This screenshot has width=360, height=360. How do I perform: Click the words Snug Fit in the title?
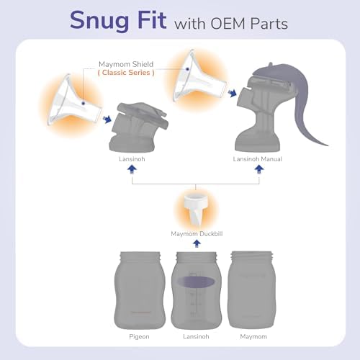(x=118, y=21)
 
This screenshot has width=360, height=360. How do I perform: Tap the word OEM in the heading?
(x=228, y=24)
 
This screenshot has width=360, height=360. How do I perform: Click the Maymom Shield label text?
(x=126, y=64)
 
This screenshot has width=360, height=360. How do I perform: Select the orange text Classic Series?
(x=126, y=73)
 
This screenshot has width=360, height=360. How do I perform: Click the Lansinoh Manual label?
(x=258, y=159)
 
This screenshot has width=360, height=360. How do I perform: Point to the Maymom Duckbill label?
(x=197, y=234)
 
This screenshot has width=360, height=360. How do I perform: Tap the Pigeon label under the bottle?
(x=139, y=337)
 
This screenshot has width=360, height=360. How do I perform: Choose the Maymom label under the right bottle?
(x=253, y=337)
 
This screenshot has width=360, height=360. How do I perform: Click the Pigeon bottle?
(x=140, y=290)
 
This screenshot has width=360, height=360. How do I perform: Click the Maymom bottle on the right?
(x=251, y=289)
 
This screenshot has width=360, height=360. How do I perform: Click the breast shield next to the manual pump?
(x=199, y=78)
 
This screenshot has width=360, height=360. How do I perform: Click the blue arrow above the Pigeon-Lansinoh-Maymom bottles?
(x=197, y=244)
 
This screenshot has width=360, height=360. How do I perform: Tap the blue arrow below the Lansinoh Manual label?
(x=259, y=169)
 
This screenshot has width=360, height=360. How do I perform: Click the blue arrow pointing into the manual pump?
(x=233, y=93)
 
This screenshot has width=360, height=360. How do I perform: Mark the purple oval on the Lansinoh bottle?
(x=197, y=282)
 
